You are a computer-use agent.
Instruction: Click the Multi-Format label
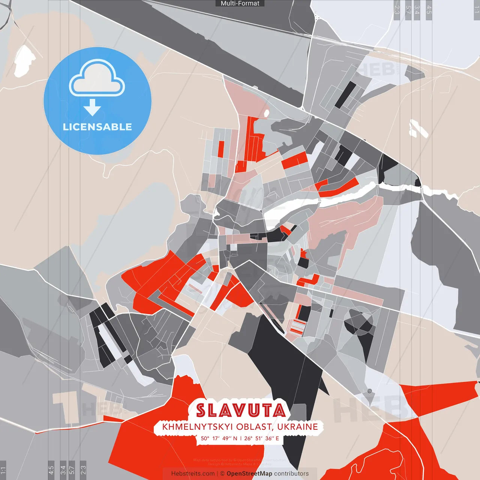point(240,3)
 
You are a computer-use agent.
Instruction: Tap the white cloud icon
point(97,79)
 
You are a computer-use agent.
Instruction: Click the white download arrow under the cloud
point(92,108)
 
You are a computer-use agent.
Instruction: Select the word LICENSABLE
point(97,127)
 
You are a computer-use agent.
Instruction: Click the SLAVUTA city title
point(241,411)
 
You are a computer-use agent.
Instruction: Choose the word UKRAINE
point(298,427)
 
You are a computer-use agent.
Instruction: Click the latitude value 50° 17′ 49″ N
point(219,438)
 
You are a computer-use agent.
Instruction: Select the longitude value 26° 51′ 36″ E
point(261,438)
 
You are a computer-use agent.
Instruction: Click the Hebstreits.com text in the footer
point(193,474)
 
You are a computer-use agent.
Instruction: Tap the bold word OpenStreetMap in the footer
point(249,474)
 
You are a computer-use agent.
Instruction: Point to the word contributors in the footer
point(291,474)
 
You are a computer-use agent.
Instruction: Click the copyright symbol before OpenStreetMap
point(222,474)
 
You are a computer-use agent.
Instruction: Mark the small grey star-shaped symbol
point(369,391)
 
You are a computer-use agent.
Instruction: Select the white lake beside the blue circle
point(24,60)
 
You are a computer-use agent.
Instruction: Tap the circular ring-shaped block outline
point(359,321)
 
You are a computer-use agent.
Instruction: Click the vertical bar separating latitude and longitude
point(241,438)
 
